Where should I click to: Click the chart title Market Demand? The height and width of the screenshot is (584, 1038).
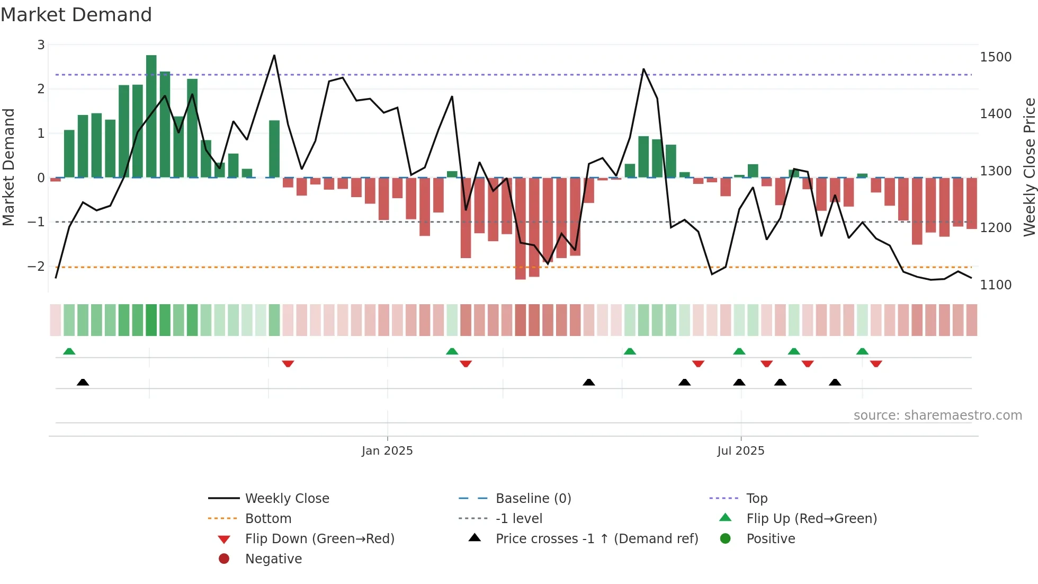(76, 15)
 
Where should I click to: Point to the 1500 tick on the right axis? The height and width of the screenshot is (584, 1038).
(995, 57)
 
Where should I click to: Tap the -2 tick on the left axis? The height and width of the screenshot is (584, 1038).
(37, 267)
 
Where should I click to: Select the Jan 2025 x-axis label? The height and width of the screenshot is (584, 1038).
(387, 451)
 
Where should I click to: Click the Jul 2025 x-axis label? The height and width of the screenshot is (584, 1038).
(740, 451)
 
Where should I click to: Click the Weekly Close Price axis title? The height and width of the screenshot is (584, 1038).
(1029, 167)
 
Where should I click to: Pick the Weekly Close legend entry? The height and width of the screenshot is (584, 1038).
(287, 499)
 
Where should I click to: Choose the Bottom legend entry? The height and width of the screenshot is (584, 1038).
(268, 519)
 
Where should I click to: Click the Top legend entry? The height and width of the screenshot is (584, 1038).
(756, 499)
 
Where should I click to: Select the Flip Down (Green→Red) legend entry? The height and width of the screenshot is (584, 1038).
(319, 539)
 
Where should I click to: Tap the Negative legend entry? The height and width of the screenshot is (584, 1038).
(273, 559)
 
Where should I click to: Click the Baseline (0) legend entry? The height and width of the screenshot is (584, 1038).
(533, 499)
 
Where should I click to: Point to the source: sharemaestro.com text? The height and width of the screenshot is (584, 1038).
(937, 415)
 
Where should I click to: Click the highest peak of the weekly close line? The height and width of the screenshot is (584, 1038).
(274, 56)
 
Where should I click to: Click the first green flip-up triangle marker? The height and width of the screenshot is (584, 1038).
(69, 351)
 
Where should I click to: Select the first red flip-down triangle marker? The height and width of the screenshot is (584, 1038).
(288, 364)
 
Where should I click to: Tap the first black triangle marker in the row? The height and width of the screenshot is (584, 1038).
(83, 382)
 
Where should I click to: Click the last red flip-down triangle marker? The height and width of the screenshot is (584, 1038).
(876, 364)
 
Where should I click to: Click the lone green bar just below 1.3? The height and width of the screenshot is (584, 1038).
(274, 149)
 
